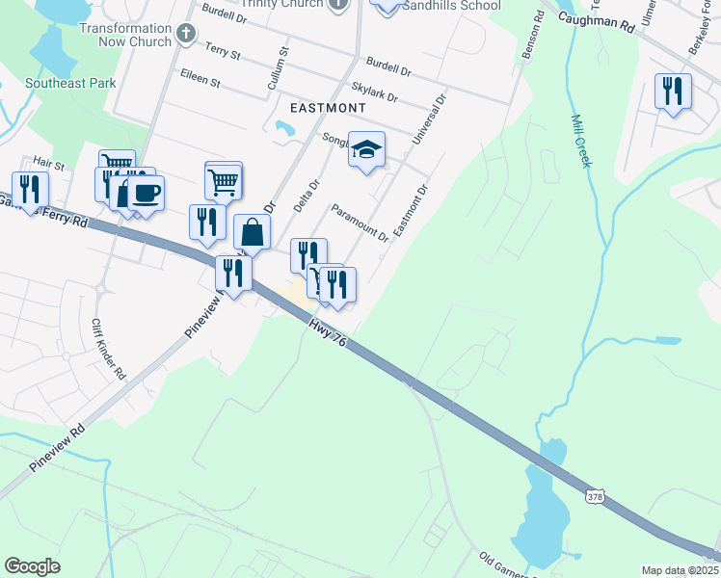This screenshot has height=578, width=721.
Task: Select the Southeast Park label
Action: click(71, 83)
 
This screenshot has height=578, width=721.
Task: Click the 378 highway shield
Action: click(595, 496)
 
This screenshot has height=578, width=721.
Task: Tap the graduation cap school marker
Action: click(366, 149)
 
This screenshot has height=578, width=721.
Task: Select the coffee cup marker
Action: click(146, 192)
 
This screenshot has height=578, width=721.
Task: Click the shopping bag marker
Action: click(252, 232)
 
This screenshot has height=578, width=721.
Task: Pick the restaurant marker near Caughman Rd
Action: click(673, 91)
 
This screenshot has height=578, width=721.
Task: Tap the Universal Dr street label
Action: click(430, 118)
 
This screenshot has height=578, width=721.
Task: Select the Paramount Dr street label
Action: click(360, 223)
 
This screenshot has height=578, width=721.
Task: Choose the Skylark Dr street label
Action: click(375, 92)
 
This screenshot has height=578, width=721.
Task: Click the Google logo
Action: click(32, 566)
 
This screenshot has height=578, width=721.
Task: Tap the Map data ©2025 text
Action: click(680, 570)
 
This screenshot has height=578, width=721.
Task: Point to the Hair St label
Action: click(47, 165)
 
